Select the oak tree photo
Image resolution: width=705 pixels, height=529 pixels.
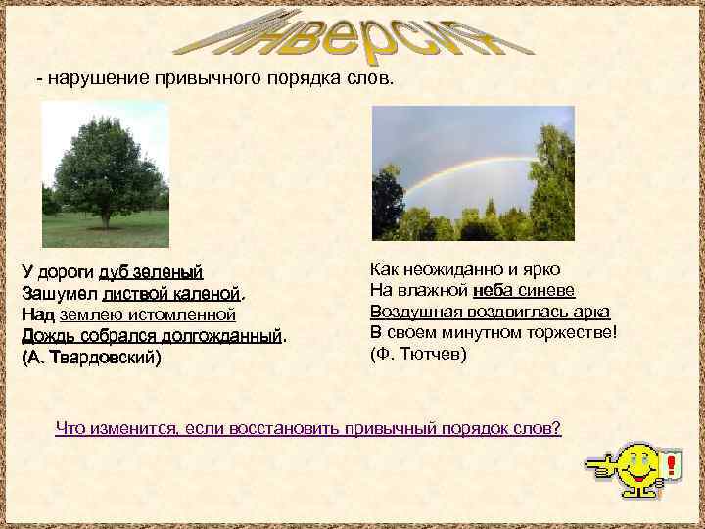pos(106,173)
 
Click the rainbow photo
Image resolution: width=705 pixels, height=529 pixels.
pos(473,173)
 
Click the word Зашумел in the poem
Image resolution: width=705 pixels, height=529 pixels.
pos(58,293)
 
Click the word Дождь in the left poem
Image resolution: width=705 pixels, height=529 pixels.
pos(45,336)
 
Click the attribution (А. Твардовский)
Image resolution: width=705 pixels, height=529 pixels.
pos(91,358)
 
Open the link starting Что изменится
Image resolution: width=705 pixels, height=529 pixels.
pos(308,428)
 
